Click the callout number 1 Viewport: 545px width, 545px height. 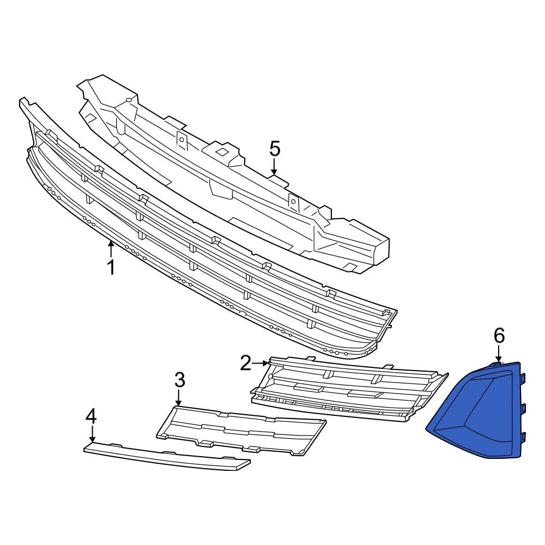[111, 268]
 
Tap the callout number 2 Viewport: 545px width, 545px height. [246, 362]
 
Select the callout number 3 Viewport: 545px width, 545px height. [180, 380]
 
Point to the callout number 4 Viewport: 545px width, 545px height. [91, 417]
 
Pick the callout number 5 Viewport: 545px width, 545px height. [274, 148]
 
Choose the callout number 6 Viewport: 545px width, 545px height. [499, 336]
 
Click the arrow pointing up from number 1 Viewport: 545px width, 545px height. [111, 249]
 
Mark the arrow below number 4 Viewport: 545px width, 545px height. [92, 435]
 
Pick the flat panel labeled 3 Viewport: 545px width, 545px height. [240, 428]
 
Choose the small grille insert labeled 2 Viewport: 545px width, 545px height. [349, 390]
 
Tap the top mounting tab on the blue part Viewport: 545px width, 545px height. [523, 377]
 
